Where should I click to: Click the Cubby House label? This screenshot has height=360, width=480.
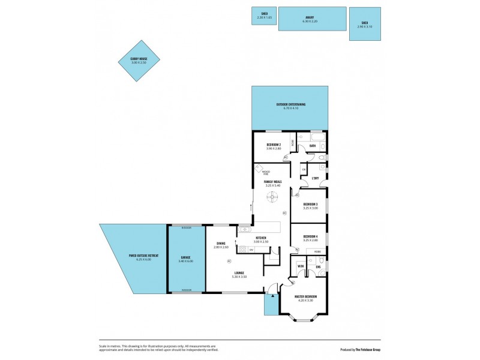click(x=139, y=58)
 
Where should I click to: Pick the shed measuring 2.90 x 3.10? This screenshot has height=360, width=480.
click(x=365, y=24)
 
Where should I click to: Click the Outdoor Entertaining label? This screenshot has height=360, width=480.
click(x=290, y=104)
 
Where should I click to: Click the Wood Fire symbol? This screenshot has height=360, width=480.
click(x=259, y=169)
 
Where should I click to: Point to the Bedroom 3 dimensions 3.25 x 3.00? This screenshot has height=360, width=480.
click(x=311, y=208)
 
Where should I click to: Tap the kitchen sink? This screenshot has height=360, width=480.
click(x=245, y=229)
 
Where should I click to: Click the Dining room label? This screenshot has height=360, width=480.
click(x=221, y=243)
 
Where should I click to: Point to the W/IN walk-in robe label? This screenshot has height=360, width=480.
click(x=301, y=266)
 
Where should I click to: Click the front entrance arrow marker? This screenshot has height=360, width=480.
click(x=272, y=296)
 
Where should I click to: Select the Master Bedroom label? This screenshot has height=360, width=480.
click(x=306, y=296)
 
